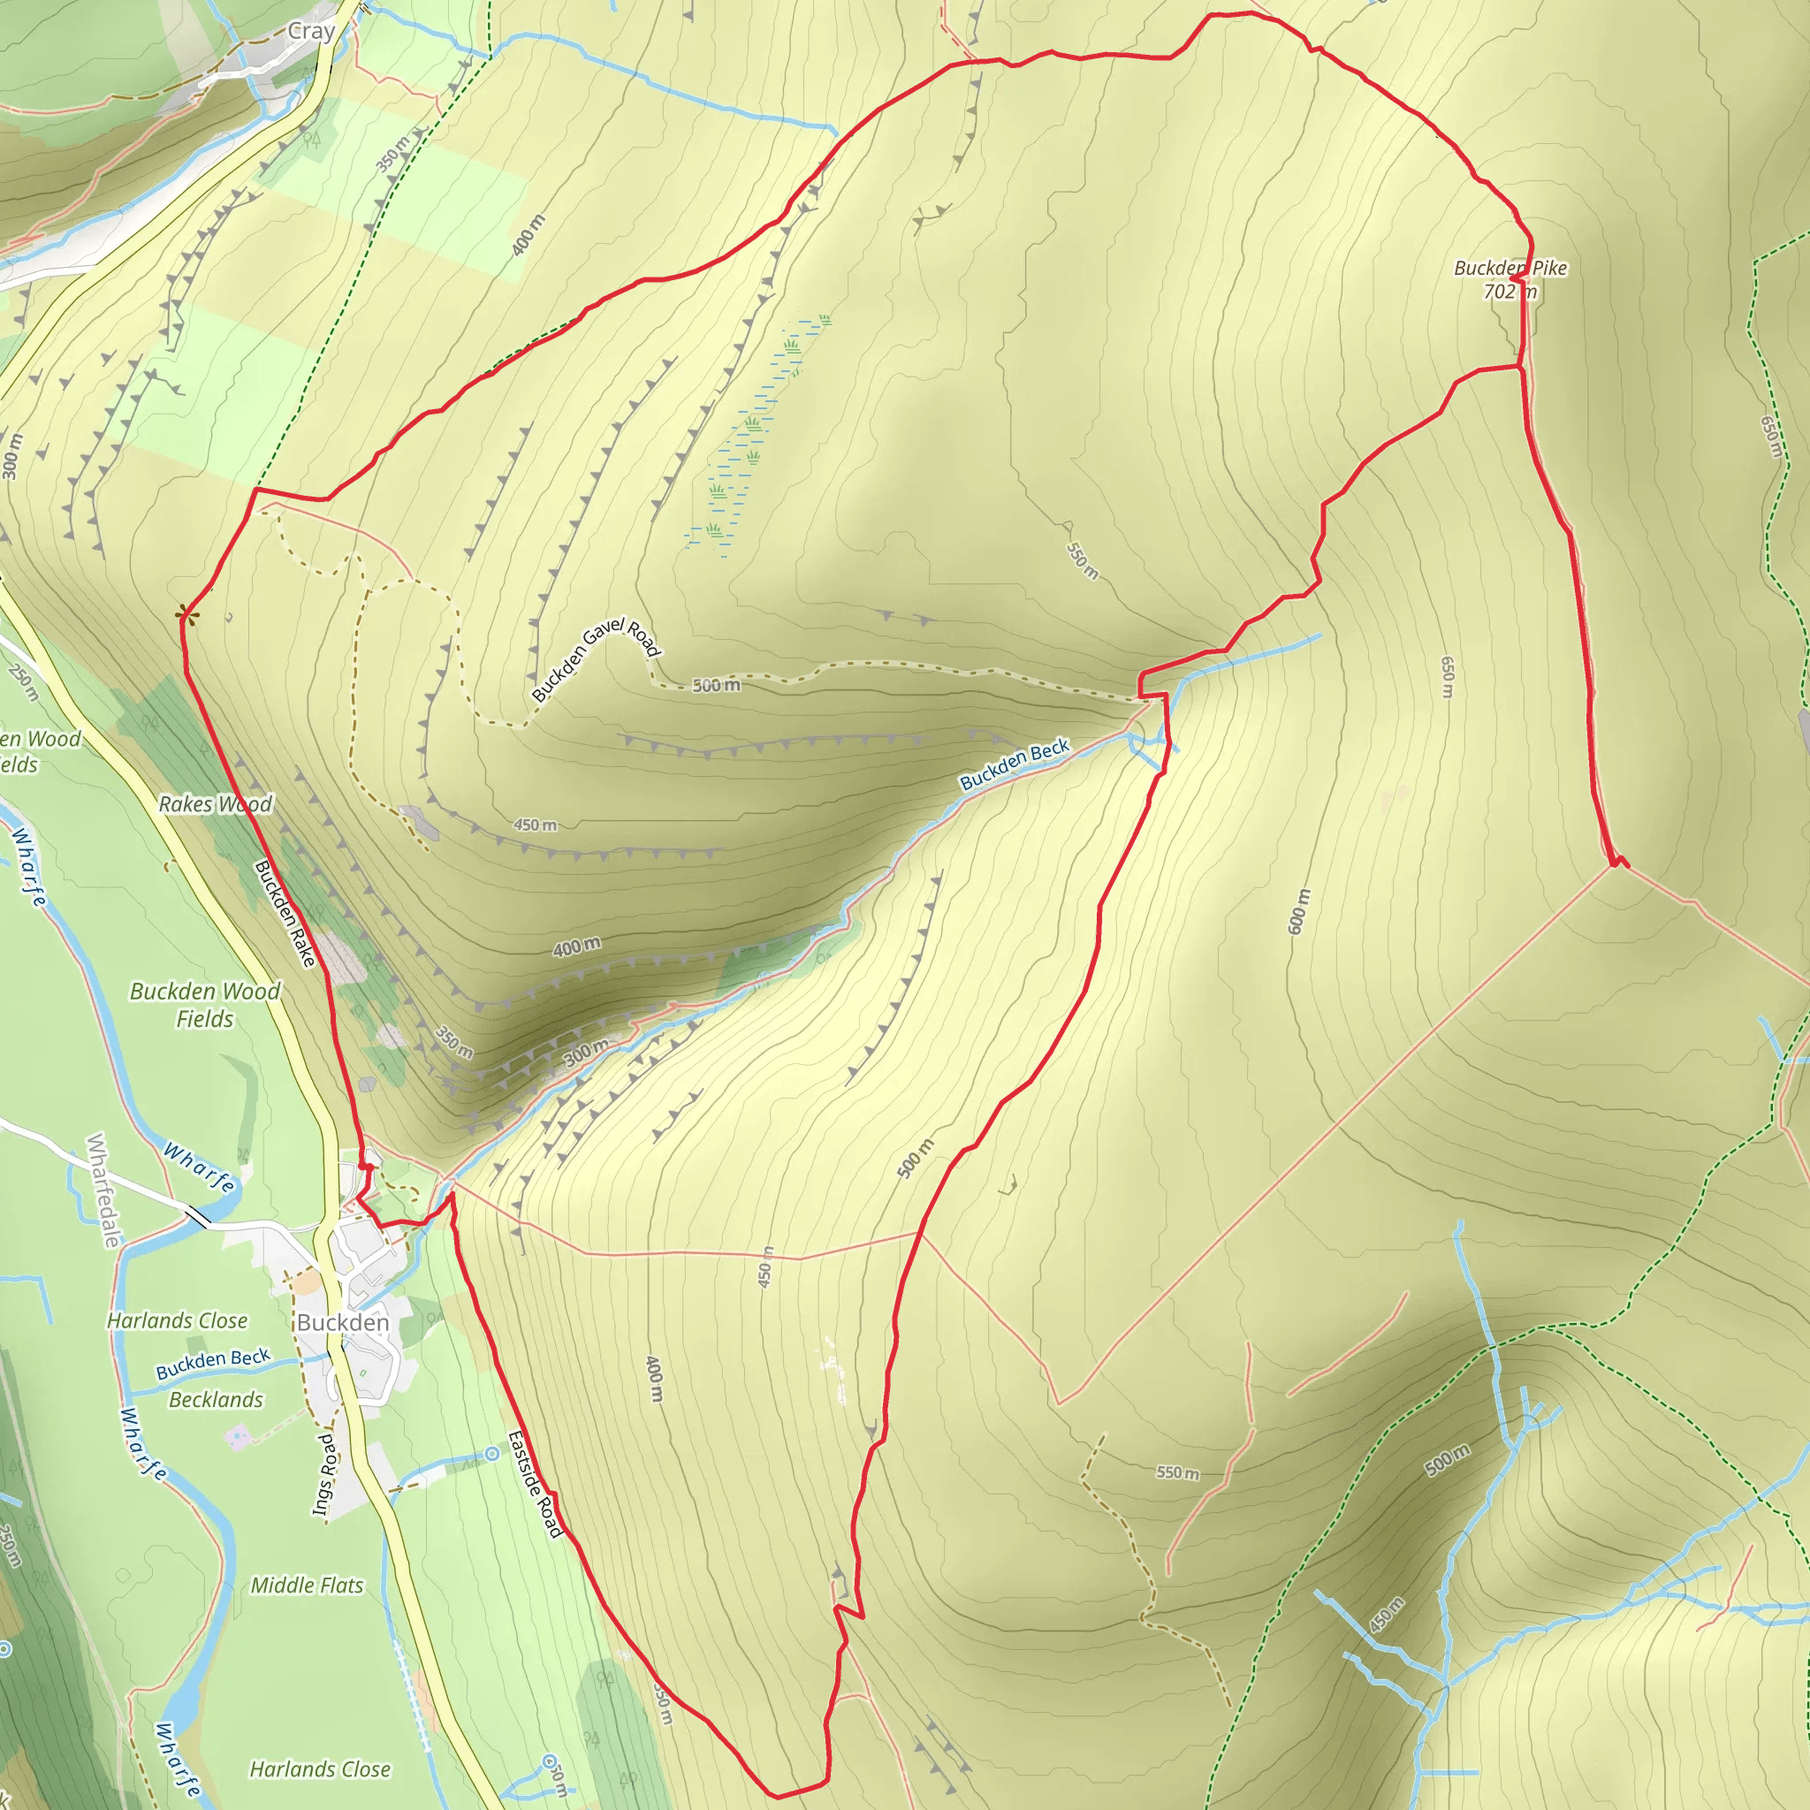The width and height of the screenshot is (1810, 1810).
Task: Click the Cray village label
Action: click(311, 32)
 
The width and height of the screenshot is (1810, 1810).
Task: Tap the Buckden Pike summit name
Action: click(1510, 268)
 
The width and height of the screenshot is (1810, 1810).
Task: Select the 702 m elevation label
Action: click(1510, 293)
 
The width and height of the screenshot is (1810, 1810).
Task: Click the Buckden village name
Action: click(343, 1322)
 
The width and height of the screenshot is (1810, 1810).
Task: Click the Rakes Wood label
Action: click(215, 804)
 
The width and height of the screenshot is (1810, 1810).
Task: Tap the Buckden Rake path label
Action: click(285, 914)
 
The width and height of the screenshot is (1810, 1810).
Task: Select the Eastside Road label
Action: click(535, 1484)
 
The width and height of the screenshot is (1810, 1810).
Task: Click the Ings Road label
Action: click(323, 1473)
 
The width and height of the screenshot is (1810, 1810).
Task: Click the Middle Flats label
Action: click(307, 1586)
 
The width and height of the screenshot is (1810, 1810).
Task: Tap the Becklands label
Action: click(216, 1400)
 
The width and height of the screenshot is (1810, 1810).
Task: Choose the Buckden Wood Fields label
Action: click(205, 1004)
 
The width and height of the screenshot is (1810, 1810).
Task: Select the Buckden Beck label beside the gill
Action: click(1014, 764)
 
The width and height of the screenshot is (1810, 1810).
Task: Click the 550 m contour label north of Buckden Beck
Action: click(1082, 560)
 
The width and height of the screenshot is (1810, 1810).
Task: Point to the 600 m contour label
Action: click(1297, 910)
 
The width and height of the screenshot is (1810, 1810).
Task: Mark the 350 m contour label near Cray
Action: click(392, 154)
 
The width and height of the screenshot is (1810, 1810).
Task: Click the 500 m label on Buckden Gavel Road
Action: click(717, 686)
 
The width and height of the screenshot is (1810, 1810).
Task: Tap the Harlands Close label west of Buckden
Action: click(177, 1321)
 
